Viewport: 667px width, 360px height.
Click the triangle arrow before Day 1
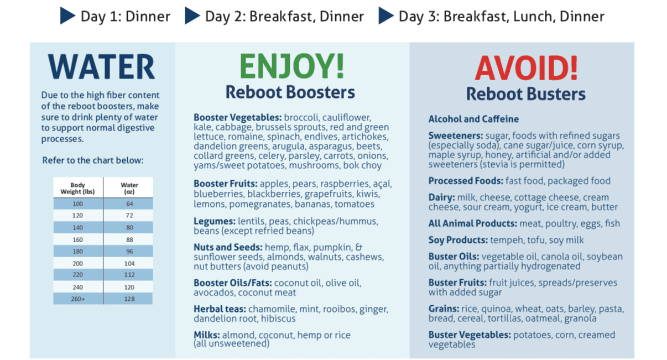67,16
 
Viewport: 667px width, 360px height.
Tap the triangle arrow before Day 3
386,16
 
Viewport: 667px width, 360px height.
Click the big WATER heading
102,67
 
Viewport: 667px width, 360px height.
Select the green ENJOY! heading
292,66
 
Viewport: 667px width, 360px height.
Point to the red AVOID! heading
526,68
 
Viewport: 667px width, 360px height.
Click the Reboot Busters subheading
526,94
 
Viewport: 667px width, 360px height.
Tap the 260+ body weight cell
78,299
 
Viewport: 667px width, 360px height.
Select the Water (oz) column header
129,188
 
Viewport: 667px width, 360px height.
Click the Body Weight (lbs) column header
78,188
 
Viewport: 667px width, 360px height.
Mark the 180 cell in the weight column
78,251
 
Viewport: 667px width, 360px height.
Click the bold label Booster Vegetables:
238,118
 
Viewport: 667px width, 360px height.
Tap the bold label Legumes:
215,221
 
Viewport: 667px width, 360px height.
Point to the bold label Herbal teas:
220,309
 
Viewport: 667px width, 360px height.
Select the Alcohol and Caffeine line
473,119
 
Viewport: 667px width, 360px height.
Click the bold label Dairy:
441,197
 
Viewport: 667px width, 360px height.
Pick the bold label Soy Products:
458,240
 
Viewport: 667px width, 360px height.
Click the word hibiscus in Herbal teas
278,319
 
